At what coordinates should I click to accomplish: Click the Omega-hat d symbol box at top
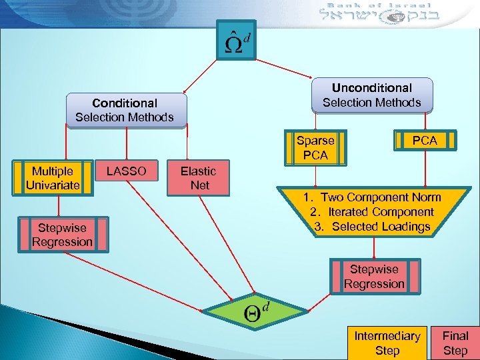pos(237,39)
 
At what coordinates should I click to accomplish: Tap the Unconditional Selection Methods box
pos(372,95)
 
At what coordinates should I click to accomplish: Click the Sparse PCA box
pos(315,147)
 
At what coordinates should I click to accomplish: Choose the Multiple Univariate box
pos(53,179)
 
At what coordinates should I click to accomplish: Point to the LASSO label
pos(126,171)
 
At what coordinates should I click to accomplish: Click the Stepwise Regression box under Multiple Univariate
pos(62,235)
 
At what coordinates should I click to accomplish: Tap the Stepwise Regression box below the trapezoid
pos(374,277)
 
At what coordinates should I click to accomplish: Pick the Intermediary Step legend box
pos(387,343)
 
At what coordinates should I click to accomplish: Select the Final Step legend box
pos(455,343)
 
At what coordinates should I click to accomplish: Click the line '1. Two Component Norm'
pos(372,197)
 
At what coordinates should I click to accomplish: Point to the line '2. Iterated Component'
pos(372,212)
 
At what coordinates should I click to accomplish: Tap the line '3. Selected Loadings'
pos(372,227)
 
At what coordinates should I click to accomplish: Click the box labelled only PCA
pos(425,140)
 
